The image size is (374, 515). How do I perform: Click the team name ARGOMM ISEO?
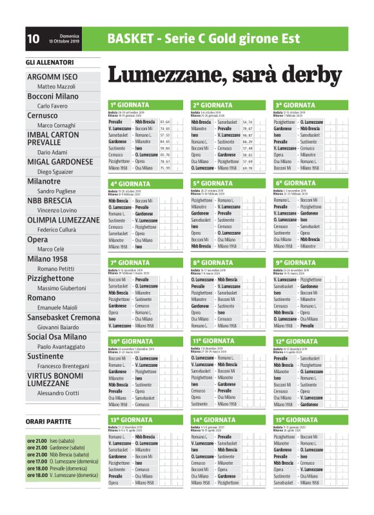[x=52, y=77]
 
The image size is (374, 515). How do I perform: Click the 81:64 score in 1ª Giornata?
[x=164, y=121]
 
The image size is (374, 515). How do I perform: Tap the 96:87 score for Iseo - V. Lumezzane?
[x=248, y=135]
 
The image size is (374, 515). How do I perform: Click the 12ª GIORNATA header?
[x=297, y=341]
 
